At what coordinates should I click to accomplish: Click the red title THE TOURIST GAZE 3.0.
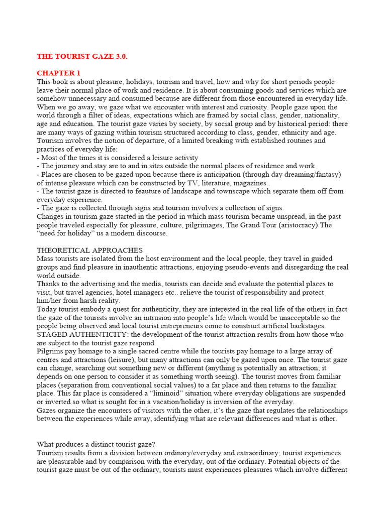(82, 56)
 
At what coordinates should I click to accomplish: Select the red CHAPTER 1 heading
(58, 73)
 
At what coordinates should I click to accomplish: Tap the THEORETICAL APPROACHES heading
(89, 250)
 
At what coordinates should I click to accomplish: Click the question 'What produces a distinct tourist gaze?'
(96, 444)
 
